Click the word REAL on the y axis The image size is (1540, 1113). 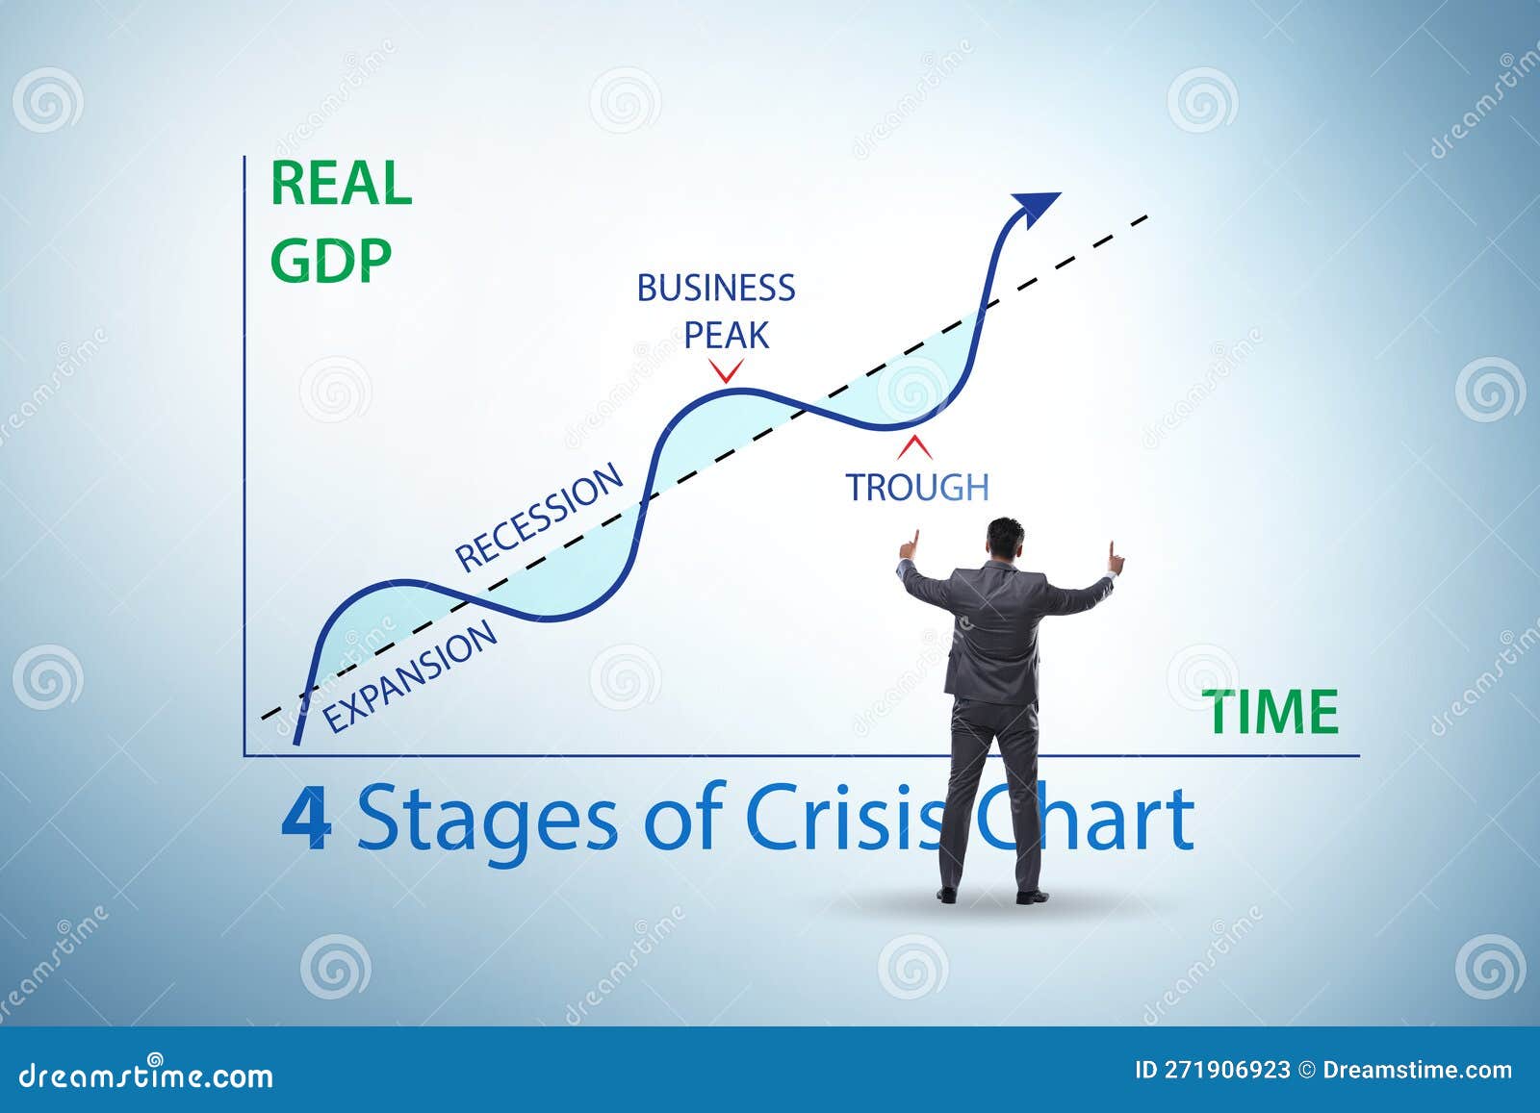click(341, 184)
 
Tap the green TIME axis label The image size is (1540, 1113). click(1273, 713)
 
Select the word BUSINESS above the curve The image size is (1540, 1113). click(716, 288)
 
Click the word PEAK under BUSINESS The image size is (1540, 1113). click(726, 336)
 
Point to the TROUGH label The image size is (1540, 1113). click(916, 488)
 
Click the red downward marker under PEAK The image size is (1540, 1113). click(726, 371)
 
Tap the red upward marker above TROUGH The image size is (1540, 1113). click(915, 446)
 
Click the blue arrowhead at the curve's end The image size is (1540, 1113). click(1034, 206)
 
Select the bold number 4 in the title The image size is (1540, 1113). click(307, 820)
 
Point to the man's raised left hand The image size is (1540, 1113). click(909, 545)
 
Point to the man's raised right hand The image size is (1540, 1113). click(1115, 557)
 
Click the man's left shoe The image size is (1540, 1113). click(947, 895)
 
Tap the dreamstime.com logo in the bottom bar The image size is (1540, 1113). click(146, 1075)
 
